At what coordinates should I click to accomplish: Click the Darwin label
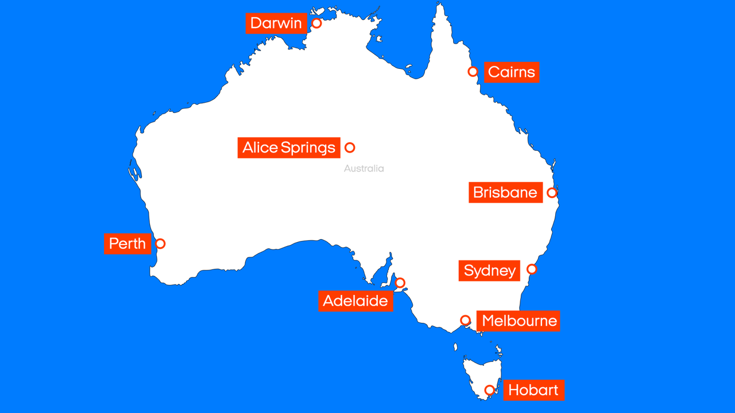coord(276,24)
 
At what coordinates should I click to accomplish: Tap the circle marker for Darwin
coord(316,24)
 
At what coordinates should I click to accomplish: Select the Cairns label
coord(512,72)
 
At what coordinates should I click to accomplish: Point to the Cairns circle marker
coord(473,72)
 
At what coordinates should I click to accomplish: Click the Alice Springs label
coord(289,147)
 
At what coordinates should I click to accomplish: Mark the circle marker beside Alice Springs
coord(350,147)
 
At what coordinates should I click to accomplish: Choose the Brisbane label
coord(505,192)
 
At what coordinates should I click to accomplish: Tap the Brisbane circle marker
coord(552,193)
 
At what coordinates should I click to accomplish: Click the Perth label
coord(127,244)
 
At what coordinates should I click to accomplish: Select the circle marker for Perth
coord(160,244)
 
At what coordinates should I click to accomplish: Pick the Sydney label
coord(490,270)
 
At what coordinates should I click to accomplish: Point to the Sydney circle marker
coord(532,269)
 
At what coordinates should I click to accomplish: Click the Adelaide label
coord(355,301)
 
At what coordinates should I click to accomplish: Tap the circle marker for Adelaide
coord(400,283)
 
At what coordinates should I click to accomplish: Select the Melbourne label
coord(519,321)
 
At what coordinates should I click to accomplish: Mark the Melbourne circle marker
coord(466,320)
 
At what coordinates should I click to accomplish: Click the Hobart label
coord(533,390)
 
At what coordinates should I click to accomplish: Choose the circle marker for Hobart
coord(489,390)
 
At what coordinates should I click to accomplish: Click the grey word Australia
coord(364,169)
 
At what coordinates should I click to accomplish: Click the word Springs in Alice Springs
coord(308,148)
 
